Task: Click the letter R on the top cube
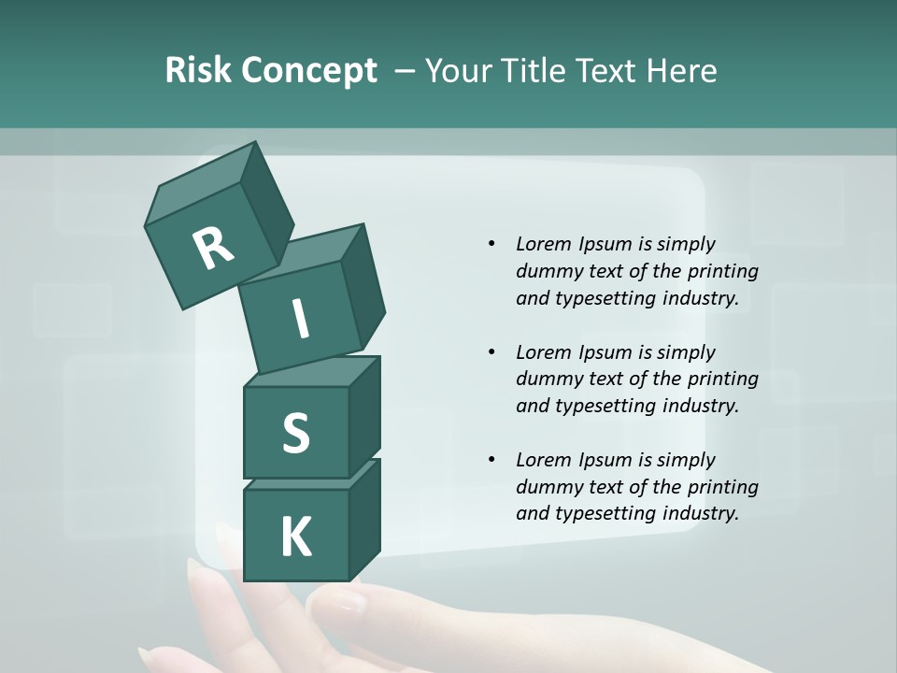[213, 248]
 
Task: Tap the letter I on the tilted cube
[300, 321]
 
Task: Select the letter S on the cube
[295, 433]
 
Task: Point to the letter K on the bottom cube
[295, 537]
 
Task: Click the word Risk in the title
[197, 71]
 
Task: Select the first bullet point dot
[491, 244]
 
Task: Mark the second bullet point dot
[491, 352]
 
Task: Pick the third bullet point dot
[491, 460]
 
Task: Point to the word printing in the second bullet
[722, 379]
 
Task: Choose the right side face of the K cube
[364, 519]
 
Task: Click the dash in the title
[406, 71]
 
